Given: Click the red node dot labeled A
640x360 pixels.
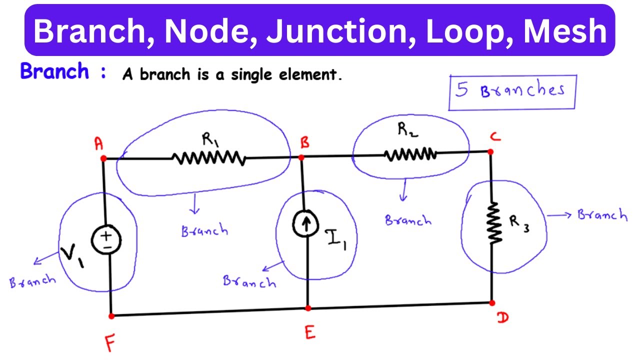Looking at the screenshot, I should (103, 158).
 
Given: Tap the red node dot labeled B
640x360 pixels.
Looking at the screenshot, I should (301, 157).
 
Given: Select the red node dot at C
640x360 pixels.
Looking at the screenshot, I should (490, 152).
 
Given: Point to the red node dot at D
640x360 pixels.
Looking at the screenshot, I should (491, 303).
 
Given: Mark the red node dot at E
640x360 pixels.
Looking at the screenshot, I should (308, 308).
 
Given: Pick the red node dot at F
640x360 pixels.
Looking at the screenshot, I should (111, 316).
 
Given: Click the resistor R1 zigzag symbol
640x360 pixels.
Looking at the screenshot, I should (208, 158).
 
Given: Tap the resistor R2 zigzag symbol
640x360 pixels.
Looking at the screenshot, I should (410, 154).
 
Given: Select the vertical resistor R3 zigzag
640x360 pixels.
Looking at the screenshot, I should (494, 223).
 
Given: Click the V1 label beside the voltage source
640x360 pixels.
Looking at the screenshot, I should (71, 256).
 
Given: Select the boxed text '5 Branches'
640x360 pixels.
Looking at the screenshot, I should (511, 91).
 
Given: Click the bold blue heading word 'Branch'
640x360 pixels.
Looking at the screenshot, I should (54, 72).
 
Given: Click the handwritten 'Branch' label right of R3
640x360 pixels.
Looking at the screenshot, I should (601, 215).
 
